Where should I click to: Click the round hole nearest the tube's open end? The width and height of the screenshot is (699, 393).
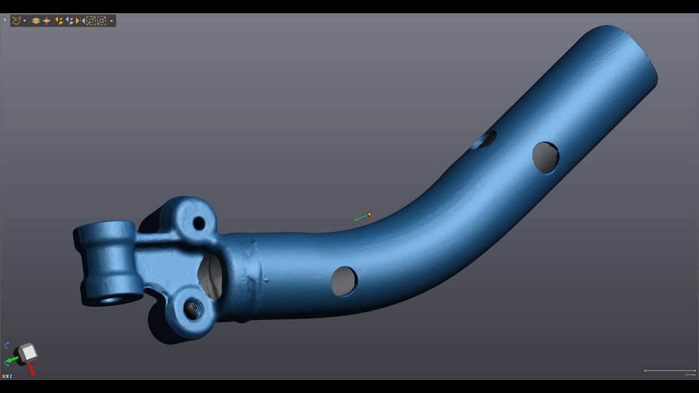point(546,157)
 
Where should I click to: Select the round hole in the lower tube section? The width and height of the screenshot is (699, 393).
point(344,281)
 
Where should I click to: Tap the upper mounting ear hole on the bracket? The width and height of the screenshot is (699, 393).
point(199,223)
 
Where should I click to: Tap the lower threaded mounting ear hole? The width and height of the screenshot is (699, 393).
point(192,309)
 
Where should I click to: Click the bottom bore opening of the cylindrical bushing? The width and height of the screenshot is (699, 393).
point(112,299)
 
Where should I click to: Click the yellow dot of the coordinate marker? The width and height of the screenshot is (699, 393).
point(369,215)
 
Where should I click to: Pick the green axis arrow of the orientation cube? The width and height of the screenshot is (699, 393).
point(13,360)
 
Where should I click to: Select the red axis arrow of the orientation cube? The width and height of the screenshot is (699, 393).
point(32,370)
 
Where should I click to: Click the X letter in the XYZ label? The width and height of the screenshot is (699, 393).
point(3,376)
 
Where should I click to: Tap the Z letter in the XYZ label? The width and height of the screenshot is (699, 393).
point(10,376)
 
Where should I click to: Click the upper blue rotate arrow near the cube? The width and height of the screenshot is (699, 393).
point(7,346)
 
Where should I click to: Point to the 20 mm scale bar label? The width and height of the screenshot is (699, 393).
point(690,375)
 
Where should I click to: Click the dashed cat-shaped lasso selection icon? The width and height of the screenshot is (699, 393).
point(16,21)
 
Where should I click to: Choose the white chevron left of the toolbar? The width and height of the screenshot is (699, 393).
point(5,20)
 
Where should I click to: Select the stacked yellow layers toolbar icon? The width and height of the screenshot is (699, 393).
point(35,21)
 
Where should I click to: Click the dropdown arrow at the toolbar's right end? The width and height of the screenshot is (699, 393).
point(111,21)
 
